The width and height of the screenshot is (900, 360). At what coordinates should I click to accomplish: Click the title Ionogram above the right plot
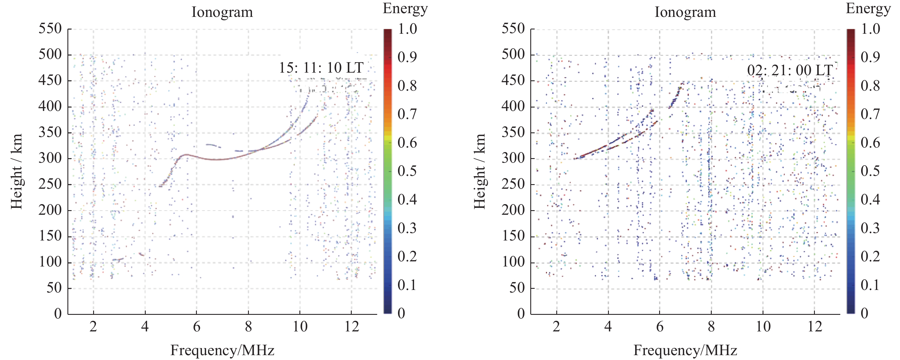685,12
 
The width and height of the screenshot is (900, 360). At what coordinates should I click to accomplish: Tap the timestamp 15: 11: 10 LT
321,68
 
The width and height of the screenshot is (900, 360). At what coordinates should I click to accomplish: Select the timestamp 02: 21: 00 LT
790,71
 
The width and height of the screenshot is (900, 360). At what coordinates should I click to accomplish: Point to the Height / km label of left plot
16,171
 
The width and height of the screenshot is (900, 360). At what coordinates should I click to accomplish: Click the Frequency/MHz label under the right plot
685,350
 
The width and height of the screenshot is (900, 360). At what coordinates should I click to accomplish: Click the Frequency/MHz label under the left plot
222,350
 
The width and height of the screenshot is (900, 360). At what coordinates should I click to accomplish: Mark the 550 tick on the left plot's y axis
50,29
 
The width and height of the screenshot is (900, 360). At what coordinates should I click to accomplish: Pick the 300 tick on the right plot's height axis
513,158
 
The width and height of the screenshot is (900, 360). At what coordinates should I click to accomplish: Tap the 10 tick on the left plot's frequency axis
300,327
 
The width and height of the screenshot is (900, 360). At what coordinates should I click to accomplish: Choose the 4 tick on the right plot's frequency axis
608,327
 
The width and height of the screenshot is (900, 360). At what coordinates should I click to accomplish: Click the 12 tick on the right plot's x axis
815,327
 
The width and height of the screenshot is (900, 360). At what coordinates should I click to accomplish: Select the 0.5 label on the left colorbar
407,171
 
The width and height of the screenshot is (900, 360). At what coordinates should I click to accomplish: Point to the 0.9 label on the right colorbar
870,57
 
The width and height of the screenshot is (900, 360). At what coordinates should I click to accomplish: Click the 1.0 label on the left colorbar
407,29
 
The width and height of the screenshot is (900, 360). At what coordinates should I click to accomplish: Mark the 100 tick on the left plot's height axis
50,262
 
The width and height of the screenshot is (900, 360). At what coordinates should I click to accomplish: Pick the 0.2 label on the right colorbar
870,256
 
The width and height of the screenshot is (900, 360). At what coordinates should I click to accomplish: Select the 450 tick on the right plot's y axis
513,80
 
